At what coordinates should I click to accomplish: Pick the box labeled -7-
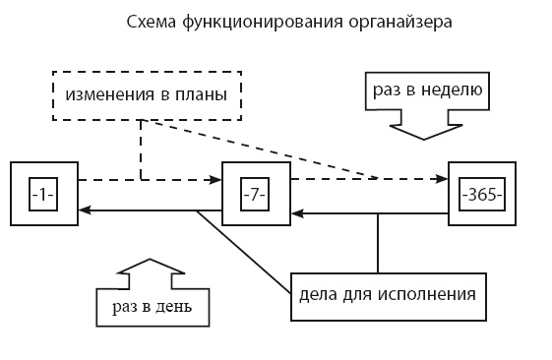tap(256, 194)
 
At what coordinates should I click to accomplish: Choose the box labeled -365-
tap(482, 194)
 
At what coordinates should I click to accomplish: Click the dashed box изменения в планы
tap(144, 94)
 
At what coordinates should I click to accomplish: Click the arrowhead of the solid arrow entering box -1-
tap(85, 210)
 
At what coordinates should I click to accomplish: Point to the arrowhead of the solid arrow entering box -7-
tap(297, 210)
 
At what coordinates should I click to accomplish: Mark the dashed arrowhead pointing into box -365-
tap(443, 179)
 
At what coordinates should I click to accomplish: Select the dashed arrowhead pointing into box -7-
tap(217, 179)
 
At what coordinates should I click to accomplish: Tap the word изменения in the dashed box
tap(104, 94)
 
